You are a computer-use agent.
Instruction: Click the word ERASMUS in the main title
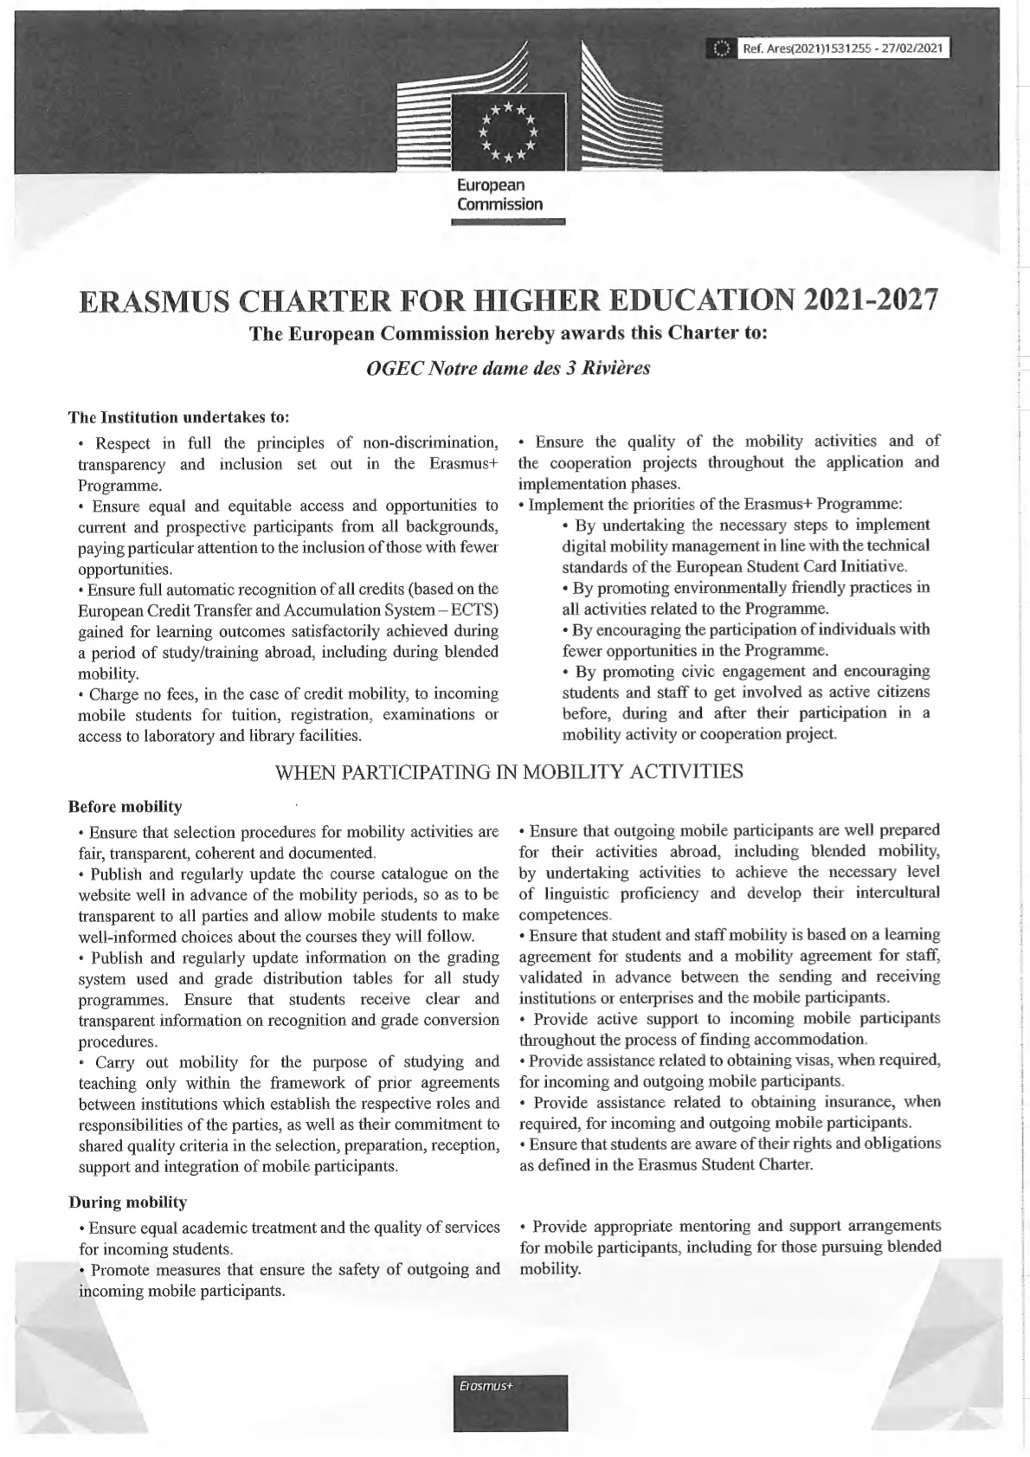151,301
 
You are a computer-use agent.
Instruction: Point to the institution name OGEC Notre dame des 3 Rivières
509,367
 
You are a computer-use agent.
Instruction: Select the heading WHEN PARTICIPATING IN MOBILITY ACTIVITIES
509,771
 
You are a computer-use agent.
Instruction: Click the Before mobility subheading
126,808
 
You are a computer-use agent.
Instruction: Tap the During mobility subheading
127,1202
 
